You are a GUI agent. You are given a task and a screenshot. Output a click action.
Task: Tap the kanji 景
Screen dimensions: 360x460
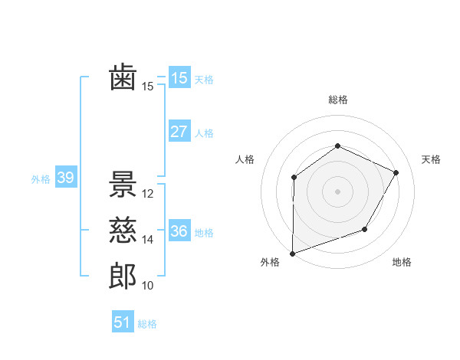click(x=123, y=185)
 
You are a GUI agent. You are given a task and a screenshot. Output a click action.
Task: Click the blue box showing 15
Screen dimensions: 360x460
click(x=179, y=78)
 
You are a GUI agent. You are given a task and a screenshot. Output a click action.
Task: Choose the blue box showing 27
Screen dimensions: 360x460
click(x=179, y=132)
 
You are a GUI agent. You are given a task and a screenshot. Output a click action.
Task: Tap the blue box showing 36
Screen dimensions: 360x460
click(x=179, y=231)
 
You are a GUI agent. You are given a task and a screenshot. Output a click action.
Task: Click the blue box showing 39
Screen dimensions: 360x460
click(x=65, y=178)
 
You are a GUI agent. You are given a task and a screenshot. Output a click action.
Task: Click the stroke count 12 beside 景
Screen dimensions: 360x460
click(x=148, y=195)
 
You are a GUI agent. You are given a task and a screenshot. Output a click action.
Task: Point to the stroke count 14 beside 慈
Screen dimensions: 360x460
click(x=148, y=240)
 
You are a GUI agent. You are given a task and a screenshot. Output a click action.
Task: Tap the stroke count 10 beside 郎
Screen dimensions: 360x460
click(x=148, y=286)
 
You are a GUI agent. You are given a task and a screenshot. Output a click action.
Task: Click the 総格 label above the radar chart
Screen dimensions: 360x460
click(x=337, y=100)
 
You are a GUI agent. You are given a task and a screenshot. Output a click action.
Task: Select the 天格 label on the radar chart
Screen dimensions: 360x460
click(x=432, y=159)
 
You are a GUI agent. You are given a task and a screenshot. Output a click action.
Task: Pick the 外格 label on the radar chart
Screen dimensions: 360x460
click(x=270, y=263)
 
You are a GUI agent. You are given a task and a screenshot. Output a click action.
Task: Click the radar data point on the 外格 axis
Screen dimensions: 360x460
click(x=292, y=253)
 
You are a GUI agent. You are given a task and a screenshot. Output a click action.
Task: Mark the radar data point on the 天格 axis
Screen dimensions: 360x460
click(x=396, y=172)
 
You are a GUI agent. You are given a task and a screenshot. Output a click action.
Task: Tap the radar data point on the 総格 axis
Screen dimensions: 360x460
click(x=337, y=146)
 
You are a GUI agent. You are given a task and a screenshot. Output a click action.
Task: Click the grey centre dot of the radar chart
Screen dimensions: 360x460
click(x=337, y=191)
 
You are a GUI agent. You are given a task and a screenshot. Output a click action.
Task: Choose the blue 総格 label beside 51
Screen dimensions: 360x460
click(x=147, y=324)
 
